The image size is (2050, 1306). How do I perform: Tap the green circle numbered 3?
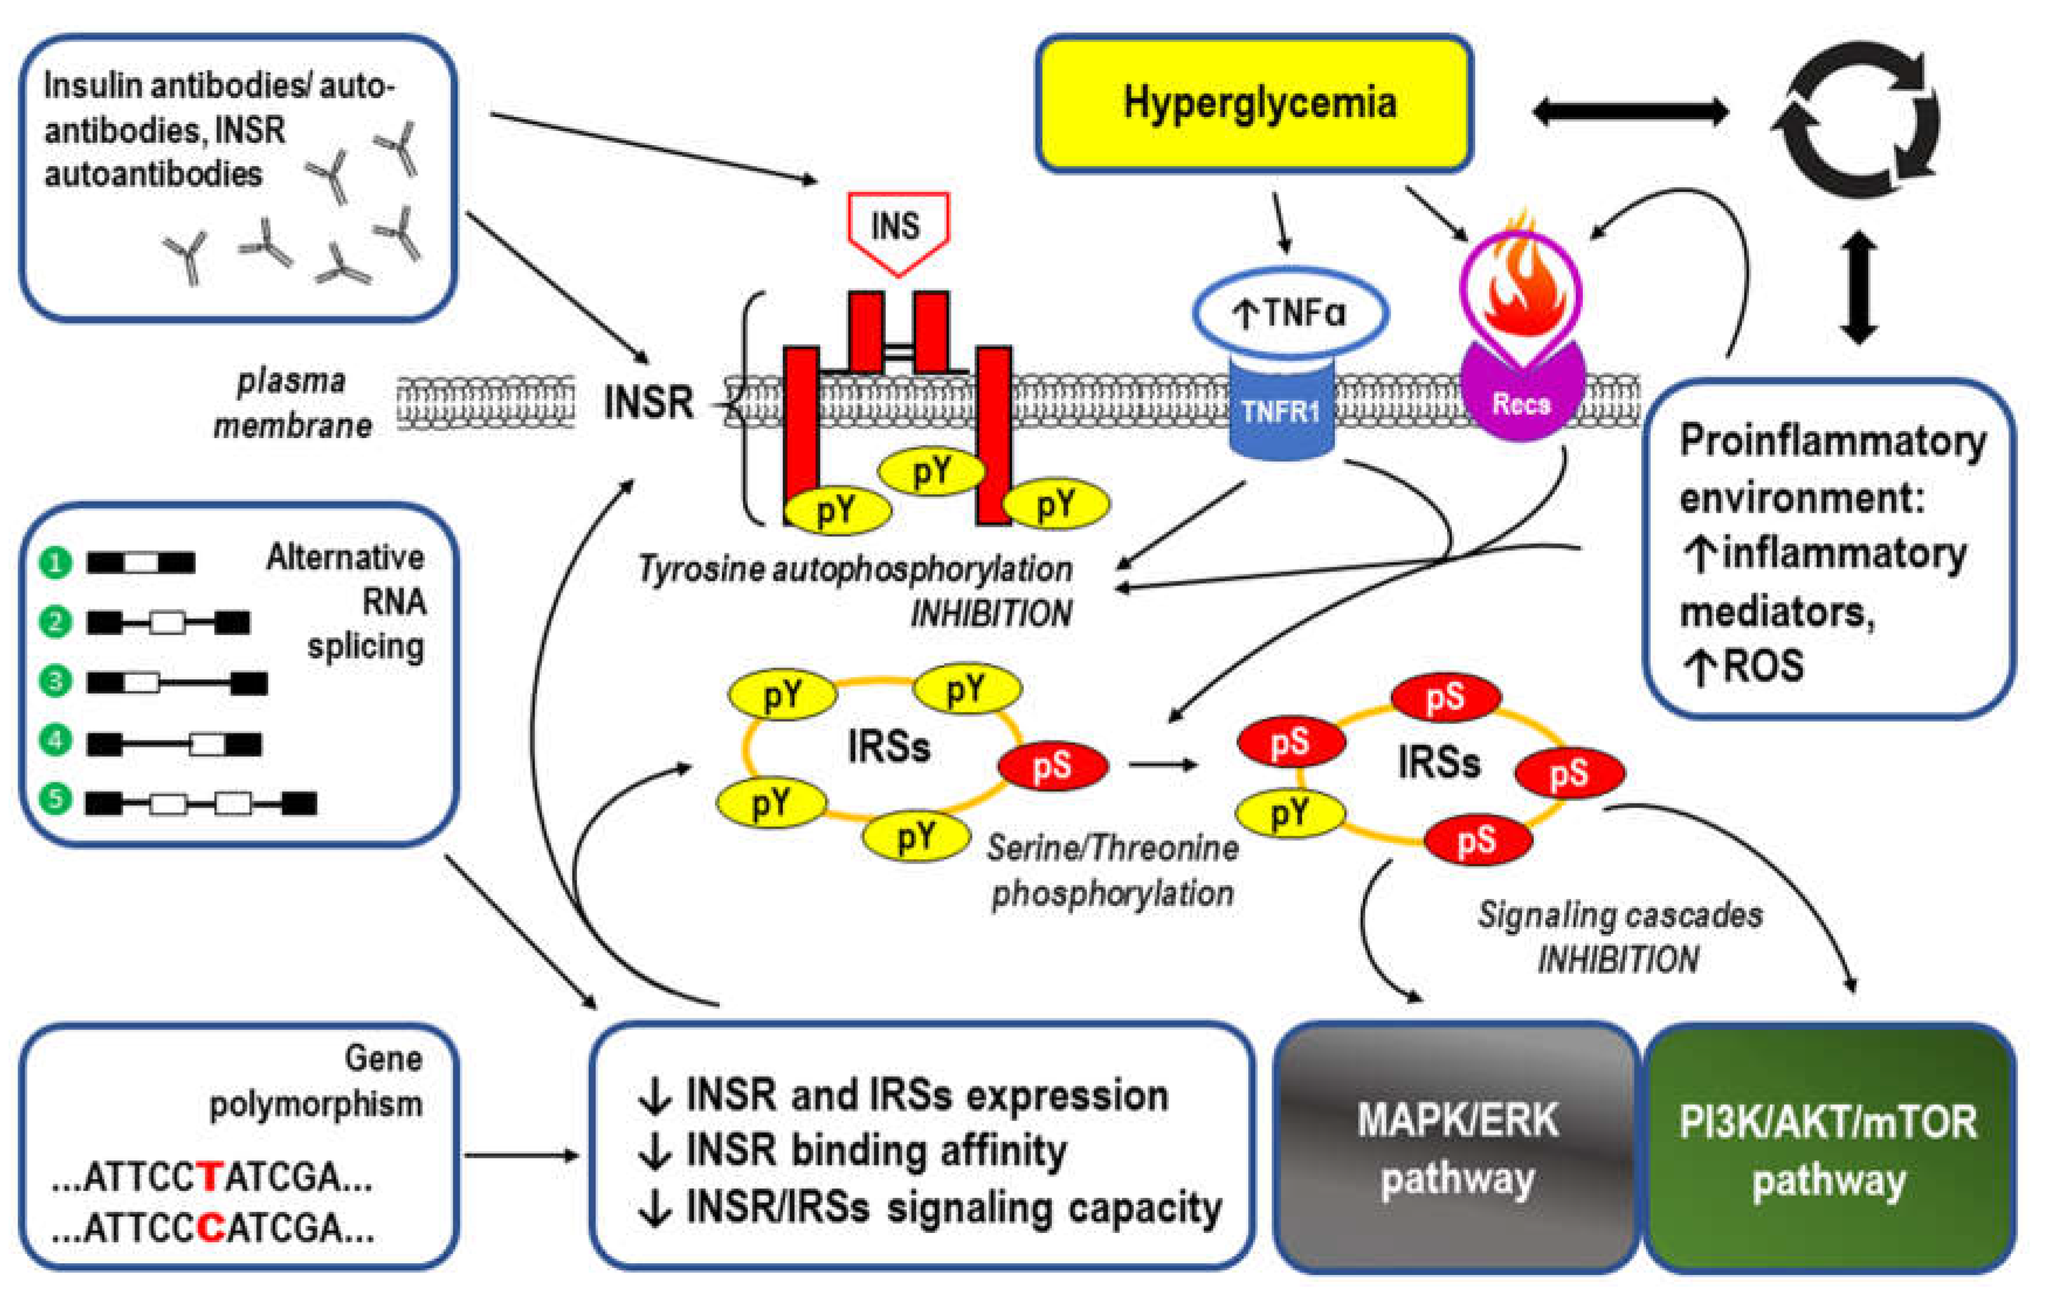(56, 681)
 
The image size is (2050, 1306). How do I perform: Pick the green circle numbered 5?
(56, 798)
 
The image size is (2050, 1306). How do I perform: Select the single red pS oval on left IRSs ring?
(1052, 766)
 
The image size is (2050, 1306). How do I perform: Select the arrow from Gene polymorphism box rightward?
(521, 1155)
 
